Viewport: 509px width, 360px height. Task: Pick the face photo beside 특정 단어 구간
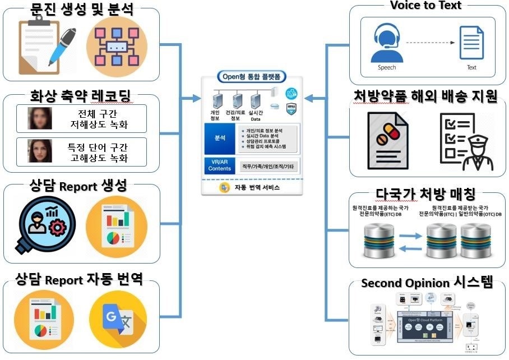tap(40, 151)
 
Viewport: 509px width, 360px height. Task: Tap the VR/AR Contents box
tap(219, 165)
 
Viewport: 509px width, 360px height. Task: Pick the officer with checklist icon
tap(465, 139)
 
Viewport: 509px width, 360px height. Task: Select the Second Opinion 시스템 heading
tap(427, 283)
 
